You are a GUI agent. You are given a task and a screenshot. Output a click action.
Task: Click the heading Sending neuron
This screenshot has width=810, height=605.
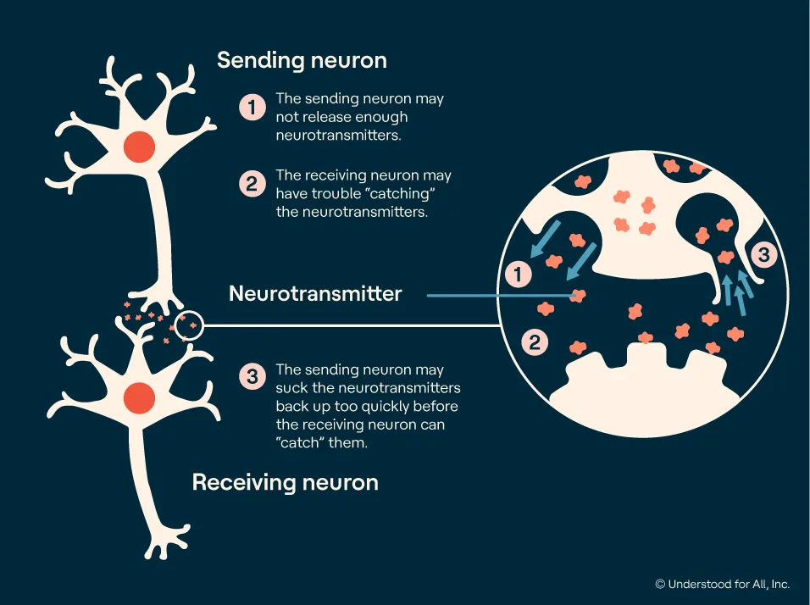(x=302, y=60)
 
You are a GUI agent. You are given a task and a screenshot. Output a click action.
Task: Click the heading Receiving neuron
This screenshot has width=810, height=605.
(x=286, y=482)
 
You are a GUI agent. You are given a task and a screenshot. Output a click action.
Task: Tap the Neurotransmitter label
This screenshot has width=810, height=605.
(x=315, y=293)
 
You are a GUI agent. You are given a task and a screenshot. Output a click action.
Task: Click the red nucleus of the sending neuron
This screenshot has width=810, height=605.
(x=140, y=147)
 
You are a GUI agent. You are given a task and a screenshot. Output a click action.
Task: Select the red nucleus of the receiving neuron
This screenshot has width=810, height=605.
(x=140, y=397)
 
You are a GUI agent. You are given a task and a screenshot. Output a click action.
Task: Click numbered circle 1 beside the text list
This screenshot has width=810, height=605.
(x=252, y=108)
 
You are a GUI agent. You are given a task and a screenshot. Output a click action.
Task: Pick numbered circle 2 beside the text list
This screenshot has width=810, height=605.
(x=252, y=184)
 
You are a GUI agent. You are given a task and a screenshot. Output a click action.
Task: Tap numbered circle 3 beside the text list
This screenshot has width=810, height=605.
(x=252, y=376)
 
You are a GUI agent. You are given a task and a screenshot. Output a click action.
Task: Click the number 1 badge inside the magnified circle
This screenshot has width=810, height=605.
(x=518, y=274)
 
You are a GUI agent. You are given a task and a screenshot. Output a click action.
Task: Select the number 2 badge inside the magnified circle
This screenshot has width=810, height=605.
(x=535, y=342)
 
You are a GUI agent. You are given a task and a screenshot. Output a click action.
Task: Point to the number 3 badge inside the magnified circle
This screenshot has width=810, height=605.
(x=763, y=254)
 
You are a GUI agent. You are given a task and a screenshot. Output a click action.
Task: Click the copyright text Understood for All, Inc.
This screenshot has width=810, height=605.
(x=723, y=584)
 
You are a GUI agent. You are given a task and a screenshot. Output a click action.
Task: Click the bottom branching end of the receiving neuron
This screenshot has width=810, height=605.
(x=166, y=543)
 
